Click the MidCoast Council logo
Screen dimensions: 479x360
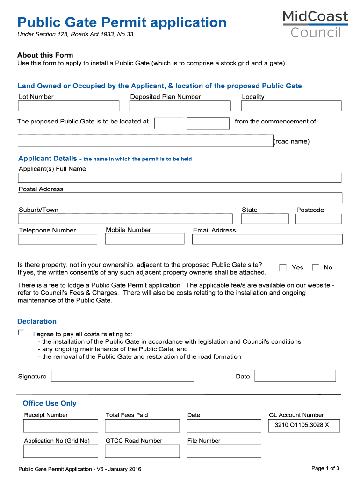316,24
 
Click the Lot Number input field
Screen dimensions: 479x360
69,106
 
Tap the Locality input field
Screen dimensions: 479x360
291,106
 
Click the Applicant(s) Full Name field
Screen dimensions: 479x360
180,178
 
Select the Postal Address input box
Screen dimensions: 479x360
180,198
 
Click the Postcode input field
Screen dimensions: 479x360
318,219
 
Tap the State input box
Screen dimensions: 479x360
265,219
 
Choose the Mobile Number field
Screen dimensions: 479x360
144,239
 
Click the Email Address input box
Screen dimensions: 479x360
267,239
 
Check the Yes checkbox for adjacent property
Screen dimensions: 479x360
283,268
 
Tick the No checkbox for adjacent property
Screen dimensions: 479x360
316,268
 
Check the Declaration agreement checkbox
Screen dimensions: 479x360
21,333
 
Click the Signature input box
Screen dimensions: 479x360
122,376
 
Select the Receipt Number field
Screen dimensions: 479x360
61,426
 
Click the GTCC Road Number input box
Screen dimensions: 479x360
142,451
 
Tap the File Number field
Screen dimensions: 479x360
223,451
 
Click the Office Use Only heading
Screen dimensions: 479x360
50,403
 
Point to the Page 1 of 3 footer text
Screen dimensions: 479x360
325,468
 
